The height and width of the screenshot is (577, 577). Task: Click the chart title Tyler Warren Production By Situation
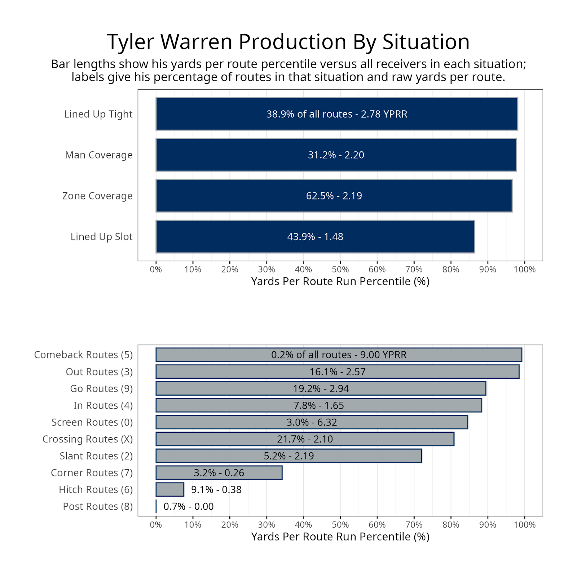tap(288, 42)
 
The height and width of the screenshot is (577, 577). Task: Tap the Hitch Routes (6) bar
tap(170, 489)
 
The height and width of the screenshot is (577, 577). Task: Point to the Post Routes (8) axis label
tap(98, 506)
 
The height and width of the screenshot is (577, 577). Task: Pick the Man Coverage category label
tap(99, 155)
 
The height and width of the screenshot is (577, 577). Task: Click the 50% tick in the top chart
tap(340, 269)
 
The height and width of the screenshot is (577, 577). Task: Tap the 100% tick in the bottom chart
tap(524, 525)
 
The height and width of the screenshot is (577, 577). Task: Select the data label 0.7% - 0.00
tap(189, 506)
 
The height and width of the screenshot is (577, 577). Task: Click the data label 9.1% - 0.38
tap(216, 489)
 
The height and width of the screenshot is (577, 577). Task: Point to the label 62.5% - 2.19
tap(334, 196)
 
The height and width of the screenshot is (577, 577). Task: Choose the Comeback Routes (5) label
tap(83, 355)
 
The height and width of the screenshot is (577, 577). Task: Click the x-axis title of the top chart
tap(340, 281)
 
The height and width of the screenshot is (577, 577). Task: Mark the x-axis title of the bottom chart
tap(340, 537)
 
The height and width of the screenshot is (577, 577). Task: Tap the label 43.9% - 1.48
tap(315, 237)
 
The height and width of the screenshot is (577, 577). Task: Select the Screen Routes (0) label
tap(92, 422)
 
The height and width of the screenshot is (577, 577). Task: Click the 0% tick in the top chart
tap(156, 269)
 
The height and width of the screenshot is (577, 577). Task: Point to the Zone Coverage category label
tap(97, 196)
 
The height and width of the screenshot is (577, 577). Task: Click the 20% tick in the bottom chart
tap(230, 525)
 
